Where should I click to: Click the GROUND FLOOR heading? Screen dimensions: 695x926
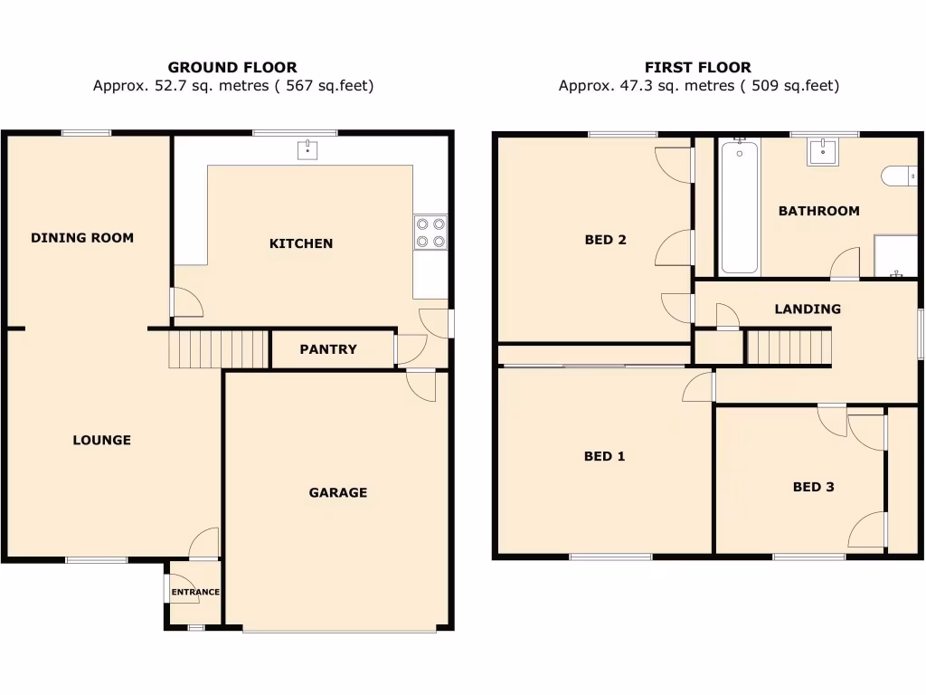232,67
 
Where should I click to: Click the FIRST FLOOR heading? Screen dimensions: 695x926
697,67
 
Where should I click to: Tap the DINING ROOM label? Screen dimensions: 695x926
82,238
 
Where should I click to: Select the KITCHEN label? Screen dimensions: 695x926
301,243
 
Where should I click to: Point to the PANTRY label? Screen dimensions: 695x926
328,349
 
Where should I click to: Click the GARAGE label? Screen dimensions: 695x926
338,493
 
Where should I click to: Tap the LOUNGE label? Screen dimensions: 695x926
102,441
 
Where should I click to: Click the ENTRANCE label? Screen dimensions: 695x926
195,593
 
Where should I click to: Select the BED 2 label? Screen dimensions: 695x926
605,240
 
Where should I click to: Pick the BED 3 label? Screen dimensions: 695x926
813,487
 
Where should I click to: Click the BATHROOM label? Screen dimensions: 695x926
818,211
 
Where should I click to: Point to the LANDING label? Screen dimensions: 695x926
808,309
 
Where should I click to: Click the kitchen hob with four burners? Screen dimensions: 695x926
430,232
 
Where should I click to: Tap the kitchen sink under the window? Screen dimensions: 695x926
308,149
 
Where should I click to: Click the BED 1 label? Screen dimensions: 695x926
604,457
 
